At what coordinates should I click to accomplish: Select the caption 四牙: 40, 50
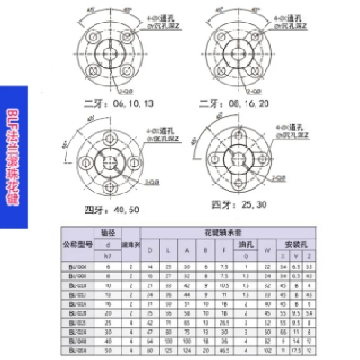pos(112,210)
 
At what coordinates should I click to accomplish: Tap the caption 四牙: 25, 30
pos(238,203)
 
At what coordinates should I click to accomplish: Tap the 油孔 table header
pos(246,245)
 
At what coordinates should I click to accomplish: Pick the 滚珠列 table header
pos(130,245)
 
